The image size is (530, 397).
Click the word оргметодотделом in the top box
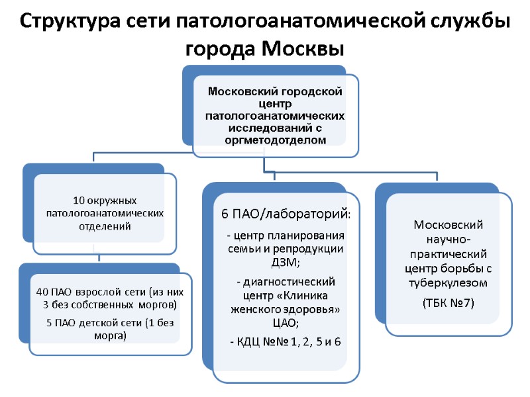[x=275, y=140]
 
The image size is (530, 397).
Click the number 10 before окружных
[x=79, y=200]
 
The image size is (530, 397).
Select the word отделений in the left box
[x=105, y=226]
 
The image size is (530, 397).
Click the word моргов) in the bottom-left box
[x=158, y=304]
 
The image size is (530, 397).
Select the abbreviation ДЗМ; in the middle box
[x=286, y=262]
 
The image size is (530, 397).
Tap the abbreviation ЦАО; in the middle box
[x=286, y=322]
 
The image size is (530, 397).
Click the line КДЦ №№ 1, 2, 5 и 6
[x=286, y=341]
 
